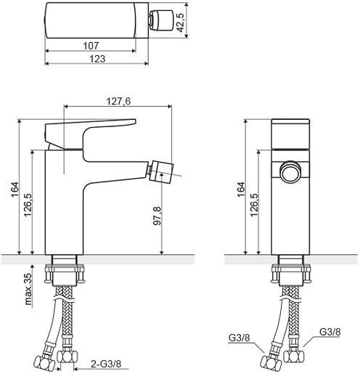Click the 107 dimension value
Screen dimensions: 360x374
[91, 46]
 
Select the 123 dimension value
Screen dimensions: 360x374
[97, 59]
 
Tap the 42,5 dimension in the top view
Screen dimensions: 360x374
[181, 23]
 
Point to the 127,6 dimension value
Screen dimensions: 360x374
[118, 101]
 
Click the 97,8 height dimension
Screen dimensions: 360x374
[157, 216]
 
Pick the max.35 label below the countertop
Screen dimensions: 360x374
[28, 288]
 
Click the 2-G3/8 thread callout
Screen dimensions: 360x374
[106, 364]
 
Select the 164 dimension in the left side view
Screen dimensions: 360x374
[15, 190]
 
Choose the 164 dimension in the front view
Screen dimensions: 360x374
[241, 190]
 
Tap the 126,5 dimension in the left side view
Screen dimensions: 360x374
[28, 205]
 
